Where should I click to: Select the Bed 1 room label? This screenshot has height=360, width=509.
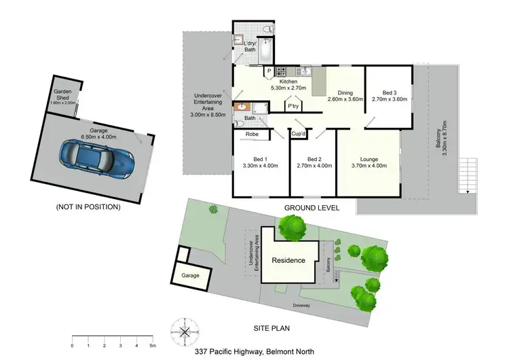point(261,158)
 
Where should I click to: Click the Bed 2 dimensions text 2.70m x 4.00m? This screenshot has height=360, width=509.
point(313,165)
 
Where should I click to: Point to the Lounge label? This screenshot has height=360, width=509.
point(369,158)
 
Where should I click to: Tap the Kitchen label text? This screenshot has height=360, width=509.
point(269,82)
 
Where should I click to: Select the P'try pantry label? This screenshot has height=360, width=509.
point(293,107)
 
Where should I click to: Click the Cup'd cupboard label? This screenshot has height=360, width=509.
point(299,134)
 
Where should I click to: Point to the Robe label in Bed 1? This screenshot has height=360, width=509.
point(252,134)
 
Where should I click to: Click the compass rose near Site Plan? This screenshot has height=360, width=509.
point(185,331)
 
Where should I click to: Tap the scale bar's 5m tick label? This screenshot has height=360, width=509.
point(153,346)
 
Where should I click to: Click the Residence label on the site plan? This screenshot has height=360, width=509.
point(288,260)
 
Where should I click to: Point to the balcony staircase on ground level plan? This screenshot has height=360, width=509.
point(467,175)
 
